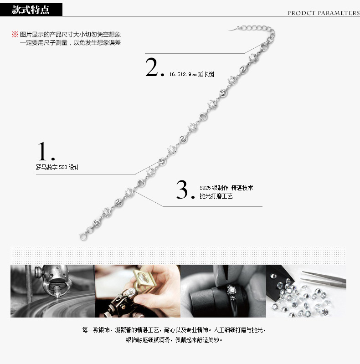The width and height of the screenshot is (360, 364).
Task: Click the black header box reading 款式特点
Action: pos(31,10)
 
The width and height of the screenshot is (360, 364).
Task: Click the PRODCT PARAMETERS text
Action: pos(324,13)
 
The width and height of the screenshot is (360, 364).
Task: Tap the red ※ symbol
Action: pos(15,34)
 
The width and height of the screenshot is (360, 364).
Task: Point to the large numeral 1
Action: pos(43,151)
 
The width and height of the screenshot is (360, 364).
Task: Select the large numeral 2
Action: pos(152,67)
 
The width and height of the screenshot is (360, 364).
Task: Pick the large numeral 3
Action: pos(182,189)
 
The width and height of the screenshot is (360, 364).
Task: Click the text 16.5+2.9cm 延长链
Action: pos(192,74)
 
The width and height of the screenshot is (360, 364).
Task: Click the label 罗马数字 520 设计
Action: pos(57,167)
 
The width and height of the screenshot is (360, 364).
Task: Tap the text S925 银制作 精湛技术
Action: pos(226,188)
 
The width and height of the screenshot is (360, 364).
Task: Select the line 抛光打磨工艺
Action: pos(216,196)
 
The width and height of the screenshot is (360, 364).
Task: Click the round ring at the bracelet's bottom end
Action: pos(83,237)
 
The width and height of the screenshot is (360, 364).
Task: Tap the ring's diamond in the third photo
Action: pos(231,289)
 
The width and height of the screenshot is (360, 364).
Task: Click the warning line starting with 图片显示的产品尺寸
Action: pos(70,34)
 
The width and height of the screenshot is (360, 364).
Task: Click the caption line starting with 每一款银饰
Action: pos(174,330)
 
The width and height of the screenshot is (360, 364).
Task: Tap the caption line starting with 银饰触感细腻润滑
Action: pos(174,340)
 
